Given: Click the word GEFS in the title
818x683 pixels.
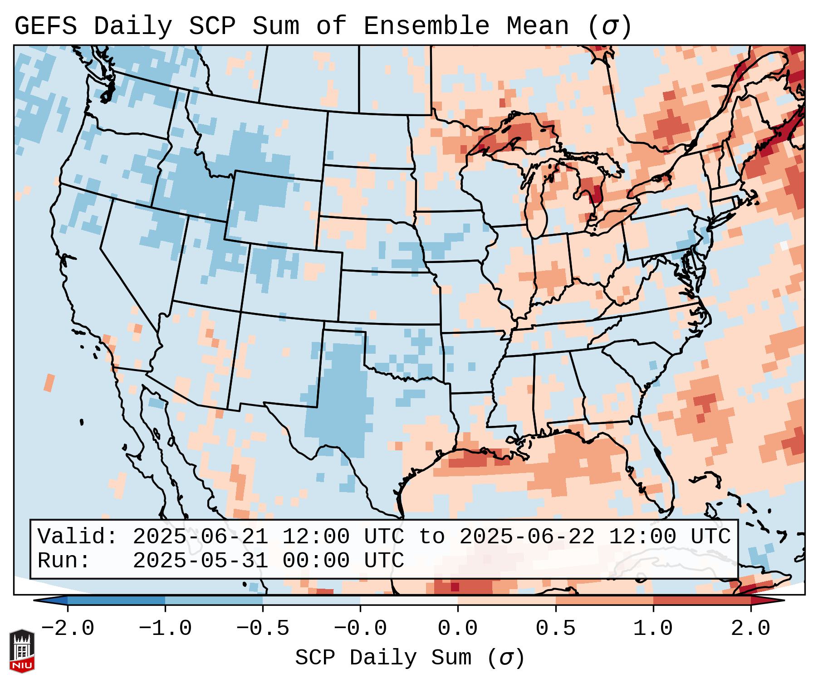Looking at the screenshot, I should pos(45,26).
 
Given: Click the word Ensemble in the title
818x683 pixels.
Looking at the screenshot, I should pos(426,26).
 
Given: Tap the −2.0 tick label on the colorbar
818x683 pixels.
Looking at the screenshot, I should pos(68,629).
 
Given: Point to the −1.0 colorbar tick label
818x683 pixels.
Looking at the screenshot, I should pos(165,629).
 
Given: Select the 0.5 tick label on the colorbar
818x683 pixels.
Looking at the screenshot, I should pos(555,629).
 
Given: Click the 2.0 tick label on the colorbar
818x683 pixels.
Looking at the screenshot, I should pos(750,629).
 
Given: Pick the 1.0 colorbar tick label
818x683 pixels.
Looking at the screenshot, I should pos(653,629).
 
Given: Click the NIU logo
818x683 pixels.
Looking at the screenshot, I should pos(22,651).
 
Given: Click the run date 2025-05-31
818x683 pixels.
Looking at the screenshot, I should pos(200,561).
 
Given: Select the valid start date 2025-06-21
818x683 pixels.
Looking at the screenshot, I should pos(200,537).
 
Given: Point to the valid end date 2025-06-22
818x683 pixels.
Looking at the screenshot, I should pos(527,537).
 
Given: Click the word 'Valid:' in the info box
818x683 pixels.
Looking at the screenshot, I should pos(78,537).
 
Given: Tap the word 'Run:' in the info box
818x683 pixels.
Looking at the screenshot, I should pos(64,561).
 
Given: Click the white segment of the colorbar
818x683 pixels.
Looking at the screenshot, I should pos(409,600).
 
